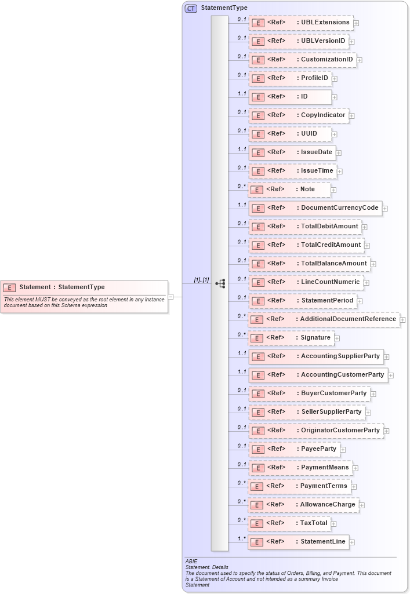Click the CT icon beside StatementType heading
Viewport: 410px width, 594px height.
191,8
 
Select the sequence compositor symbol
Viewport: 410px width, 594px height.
220,283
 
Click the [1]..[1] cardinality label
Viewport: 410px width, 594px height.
201,280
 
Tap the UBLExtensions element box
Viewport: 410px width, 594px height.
301,23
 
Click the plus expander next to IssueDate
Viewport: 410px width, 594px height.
339,153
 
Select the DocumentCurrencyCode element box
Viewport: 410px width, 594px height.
315,208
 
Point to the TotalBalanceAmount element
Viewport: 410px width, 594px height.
309,264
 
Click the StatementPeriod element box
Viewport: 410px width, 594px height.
303,301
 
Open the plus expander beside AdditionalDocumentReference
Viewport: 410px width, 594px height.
402,320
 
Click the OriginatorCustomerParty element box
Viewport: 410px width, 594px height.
316,431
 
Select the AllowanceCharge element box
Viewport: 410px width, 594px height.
303,505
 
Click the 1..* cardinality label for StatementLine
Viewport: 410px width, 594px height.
241,538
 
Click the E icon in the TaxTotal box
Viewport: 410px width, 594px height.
257,523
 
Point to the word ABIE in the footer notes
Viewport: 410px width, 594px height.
191,562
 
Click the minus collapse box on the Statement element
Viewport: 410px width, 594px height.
171,297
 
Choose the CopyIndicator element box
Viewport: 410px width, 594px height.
299,115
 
